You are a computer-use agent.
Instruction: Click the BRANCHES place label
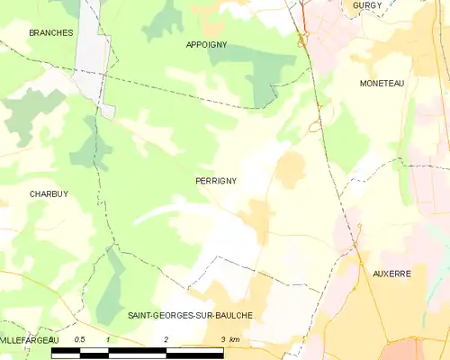pos(50,32)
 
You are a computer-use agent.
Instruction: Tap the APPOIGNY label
pos(206,44)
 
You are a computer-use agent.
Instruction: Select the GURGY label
pos(367,5)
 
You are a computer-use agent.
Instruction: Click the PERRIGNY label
pos(215,181)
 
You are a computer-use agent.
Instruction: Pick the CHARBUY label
pos(49,193)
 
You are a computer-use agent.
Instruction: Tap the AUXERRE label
pos(391,272)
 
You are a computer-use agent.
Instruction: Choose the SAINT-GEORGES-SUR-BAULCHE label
pos(190,315)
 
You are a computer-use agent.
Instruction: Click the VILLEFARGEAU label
pos(29,340)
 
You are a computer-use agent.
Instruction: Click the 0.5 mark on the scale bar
pos(80,339)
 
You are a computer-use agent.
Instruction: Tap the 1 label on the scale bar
pos(108,339)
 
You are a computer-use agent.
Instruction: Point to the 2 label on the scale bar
pos(166,339)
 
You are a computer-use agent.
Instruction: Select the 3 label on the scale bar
pos(222,339)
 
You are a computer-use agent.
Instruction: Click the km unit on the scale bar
pos(234,339)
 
